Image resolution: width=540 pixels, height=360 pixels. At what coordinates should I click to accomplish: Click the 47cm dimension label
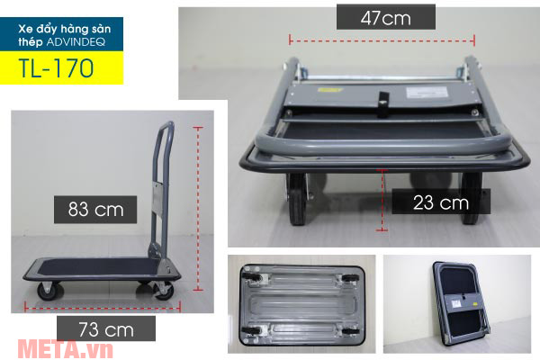point(386,18)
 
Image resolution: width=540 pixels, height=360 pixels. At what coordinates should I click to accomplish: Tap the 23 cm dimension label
point(441,202)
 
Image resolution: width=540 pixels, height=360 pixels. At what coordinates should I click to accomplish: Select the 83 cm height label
point(95,209)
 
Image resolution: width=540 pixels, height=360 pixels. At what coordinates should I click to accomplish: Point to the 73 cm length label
point(106,329)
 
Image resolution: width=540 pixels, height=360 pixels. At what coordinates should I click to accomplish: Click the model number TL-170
point(56,67)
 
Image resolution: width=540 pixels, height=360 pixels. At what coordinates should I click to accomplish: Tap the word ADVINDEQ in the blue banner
point(76,42)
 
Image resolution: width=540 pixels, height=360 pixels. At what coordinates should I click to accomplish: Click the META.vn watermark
point(66,349)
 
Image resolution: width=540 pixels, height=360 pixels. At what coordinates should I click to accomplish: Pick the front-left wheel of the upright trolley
point(50,292)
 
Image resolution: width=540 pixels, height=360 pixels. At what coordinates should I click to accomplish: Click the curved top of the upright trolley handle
point(166,125)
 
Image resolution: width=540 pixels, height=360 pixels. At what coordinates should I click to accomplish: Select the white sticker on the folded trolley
point(427,93)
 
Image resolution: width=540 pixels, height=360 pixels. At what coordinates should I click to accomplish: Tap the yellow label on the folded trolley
point(330,90)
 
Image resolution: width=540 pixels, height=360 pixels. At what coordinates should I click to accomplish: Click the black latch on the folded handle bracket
point(383,104)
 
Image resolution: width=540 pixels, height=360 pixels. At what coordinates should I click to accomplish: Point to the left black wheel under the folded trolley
point(298,199)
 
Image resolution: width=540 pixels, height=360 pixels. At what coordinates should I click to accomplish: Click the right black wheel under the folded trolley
point(471,198)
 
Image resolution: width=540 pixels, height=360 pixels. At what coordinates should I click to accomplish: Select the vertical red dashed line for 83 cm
point(198,209)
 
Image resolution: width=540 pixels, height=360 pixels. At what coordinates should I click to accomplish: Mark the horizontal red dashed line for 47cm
point(382,40)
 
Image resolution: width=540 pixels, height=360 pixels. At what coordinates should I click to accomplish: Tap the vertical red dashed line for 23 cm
point(382,200)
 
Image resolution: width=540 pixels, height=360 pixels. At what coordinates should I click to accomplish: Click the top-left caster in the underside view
point(253,275)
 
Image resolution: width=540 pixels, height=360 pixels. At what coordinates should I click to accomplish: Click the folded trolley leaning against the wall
point(462,303)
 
